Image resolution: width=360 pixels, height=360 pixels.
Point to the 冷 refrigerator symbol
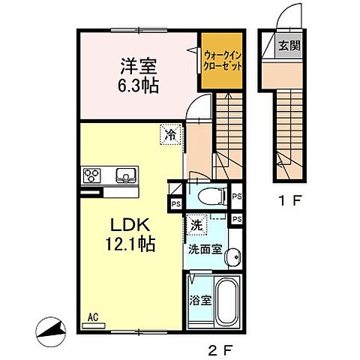172,136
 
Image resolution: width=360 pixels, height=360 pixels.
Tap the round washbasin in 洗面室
234,256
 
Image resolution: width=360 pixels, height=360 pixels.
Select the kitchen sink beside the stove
124,176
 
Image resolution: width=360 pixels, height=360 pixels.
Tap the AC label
94,317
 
